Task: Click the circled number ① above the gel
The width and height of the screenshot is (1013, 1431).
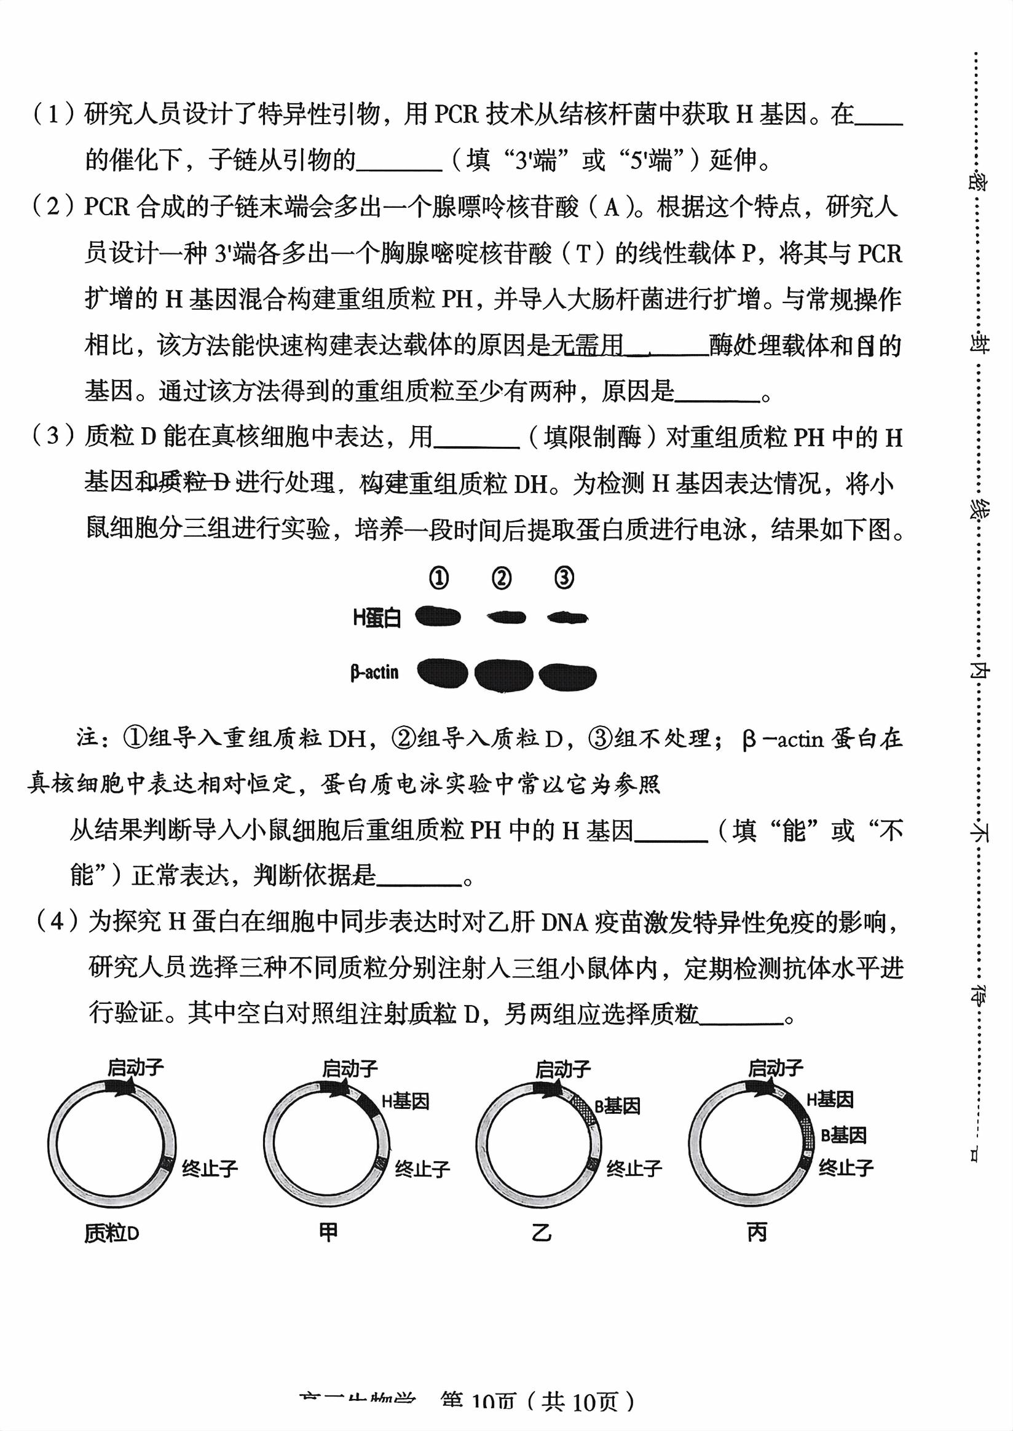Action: tap(438, 578)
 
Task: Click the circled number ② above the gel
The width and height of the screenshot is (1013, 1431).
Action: tap(502, 578)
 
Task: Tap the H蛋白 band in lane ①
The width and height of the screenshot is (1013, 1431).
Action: tap(438, 617)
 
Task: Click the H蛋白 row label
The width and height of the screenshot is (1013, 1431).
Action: tap(377, 618)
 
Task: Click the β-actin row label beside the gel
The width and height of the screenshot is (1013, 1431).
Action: tap(374, 672)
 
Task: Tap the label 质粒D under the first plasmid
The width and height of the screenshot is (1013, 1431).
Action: tap(112, 1233)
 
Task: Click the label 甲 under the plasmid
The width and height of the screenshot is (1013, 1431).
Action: tap(328, 1232)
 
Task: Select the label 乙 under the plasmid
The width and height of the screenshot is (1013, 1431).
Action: tap(542, 1232)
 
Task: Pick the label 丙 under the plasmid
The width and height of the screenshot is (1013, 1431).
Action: tap(757, 1232)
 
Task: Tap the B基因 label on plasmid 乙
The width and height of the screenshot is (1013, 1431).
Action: tap(618, 1106)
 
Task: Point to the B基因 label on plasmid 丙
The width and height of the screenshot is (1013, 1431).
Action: tap(843, 1135)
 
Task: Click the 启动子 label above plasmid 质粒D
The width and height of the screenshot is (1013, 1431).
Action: tap(135, 1067)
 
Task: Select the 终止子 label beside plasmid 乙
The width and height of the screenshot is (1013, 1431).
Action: tap(634, 1168)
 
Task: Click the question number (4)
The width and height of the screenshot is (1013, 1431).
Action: tap(57, 921)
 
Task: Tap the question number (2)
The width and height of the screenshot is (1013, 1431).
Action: tap(53, 206)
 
